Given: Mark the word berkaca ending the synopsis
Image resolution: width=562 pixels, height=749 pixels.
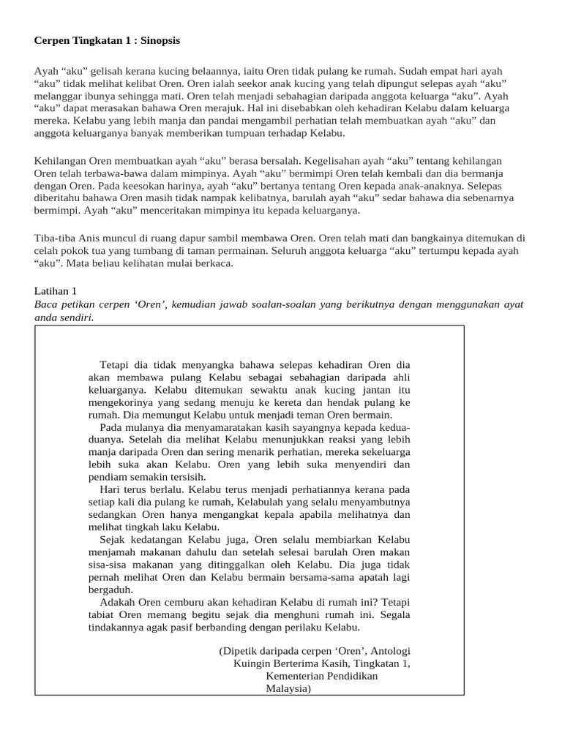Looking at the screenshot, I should click(x=212, y=263).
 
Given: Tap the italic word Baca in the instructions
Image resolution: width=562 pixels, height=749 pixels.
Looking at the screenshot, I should click(x=48, y=304).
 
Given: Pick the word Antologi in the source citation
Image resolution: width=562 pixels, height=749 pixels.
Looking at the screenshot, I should click(x=392, y=651).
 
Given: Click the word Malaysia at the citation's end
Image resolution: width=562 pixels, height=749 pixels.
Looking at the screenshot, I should click(x=288, y=688).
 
